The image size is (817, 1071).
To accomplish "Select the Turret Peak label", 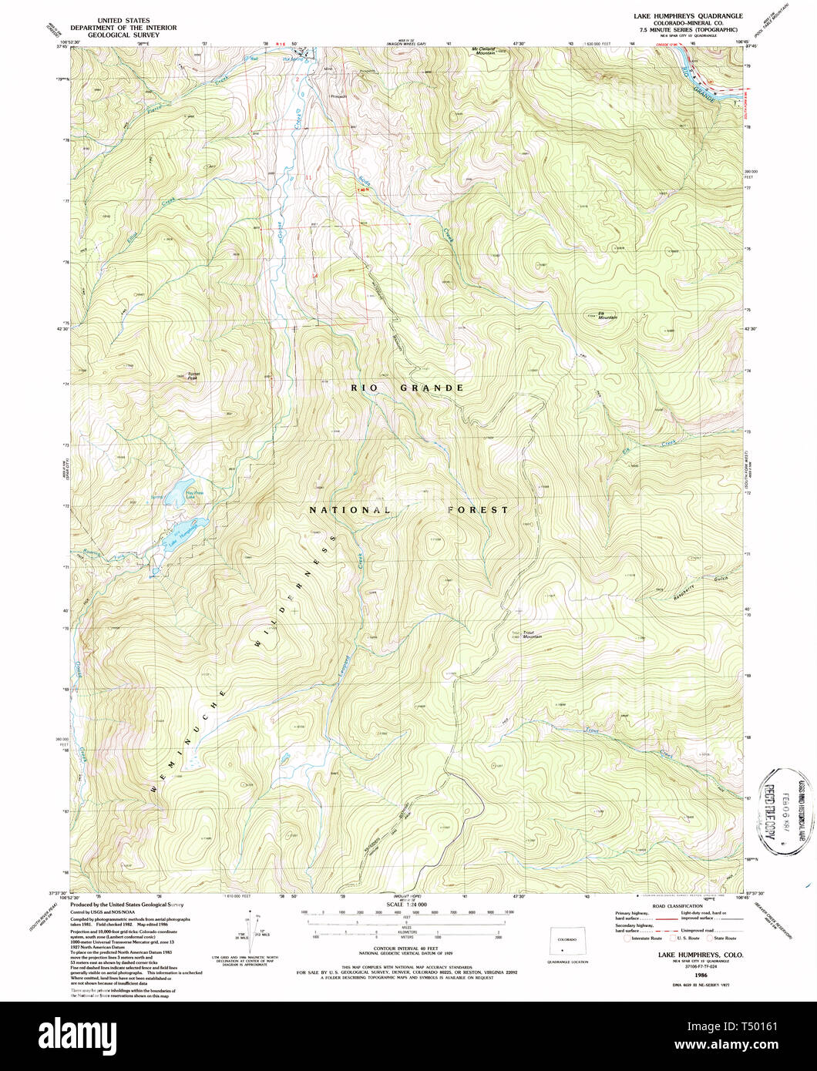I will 194,376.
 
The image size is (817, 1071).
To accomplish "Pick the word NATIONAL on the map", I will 348,510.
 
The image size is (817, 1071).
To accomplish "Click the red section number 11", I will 309,178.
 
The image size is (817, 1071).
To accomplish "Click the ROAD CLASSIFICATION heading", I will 679,905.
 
